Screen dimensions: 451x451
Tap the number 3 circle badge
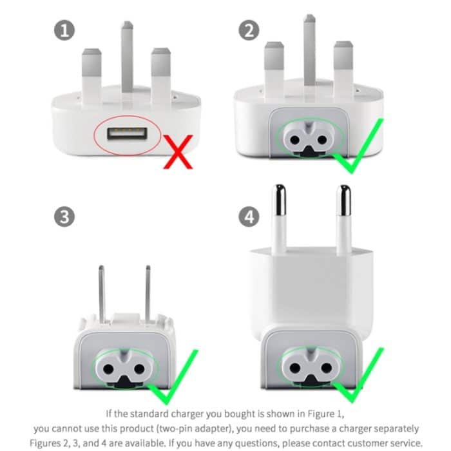click(x=63, y=216)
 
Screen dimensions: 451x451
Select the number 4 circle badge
click(x=249, y=216)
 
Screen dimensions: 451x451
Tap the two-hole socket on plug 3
click(x=122, y=370)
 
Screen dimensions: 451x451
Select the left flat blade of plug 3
click(x=102, y=293)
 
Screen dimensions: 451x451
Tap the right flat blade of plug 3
click(x=148, y=293)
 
